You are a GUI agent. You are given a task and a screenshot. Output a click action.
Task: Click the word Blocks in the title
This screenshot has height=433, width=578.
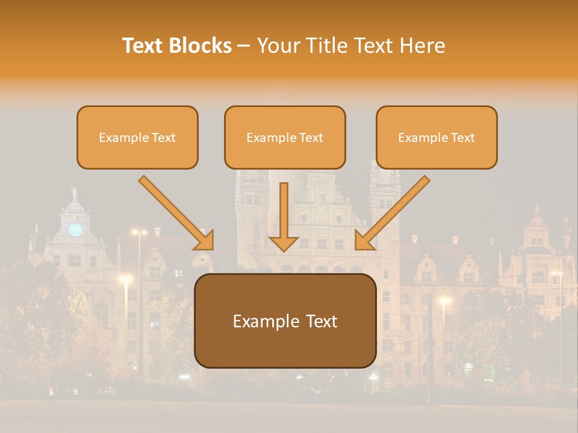[x=202, y=46]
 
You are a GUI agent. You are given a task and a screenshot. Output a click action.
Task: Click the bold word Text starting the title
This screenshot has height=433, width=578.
[x=144, y=46]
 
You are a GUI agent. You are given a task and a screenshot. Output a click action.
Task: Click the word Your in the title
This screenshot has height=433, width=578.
[x=277, y=46]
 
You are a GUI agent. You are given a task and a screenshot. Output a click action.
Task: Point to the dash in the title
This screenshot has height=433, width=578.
[x=244, y=46]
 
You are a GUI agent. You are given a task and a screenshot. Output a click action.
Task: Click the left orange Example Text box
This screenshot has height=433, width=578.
[x=137, y=137]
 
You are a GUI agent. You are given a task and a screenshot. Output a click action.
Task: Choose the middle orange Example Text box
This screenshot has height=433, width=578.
[x=285, y=137]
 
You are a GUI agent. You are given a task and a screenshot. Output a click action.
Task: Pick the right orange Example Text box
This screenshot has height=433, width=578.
[x=437, y=137]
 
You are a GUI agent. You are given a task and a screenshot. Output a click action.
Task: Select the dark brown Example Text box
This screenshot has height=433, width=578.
[x=285, y=321]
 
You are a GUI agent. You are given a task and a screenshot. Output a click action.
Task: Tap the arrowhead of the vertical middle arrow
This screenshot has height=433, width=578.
[x=284, y=243]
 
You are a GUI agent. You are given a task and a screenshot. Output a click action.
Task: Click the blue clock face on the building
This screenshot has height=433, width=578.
[x=75, y=230]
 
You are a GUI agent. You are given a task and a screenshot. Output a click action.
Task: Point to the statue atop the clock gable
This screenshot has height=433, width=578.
[x=75, y=194]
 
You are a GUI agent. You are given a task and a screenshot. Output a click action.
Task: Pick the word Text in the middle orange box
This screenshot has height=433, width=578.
[x=311, y=138]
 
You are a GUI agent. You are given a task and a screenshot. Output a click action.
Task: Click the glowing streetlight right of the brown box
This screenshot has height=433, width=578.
[x=444, y=300]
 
